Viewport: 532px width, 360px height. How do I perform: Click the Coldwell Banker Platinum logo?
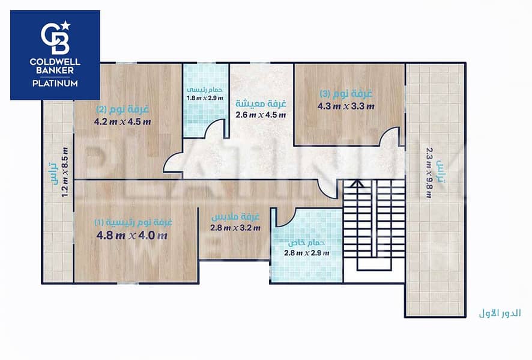click(x=55, y=55)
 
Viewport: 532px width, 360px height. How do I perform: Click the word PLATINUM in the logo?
click(x=55, y=83)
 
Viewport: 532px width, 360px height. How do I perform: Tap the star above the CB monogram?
click(x=65, y=25)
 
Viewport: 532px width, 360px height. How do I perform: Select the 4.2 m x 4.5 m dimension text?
click(x=122, y=121)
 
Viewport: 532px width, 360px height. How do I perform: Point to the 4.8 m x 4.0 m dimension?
click(x=132, y=235)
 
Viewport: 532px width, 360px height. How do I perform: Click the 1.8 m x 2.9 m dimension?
click(x=205, y=98)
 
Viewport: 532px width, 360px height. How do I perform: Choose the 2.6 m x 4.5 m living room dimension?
click(x=261, y=115)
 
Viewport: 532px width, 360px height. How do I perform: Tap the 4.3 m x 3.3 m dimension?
click(x=346, y=106)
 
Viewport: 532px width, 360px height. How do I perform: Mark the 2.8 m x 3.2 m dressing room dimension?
click(x=235, y=228)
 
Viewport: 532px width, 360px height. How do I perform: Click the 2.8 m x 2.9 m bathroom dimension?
click(x=307, y=252)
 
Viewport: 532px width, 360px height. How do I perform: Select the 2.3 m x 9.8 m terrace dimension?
click(x=429, y=172)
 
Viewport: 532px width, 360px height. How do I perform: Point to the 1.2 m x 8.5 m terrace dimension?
click(x=65, y=172)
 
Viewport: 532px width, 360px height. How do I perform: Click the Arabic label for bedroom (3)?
click(x=346, y=93)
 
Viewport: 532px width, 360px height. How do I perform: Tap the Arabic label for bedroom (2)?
click(x=122, y=109)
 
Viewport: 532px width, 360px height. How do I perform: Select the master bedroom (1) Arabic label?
click(x=133, y=222)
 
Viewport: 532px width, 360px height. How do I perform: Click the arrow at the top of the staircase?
click(x=357, y=184)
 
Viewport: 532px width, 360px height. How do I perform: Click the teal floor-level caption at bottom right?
click(x=500, y=313)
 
